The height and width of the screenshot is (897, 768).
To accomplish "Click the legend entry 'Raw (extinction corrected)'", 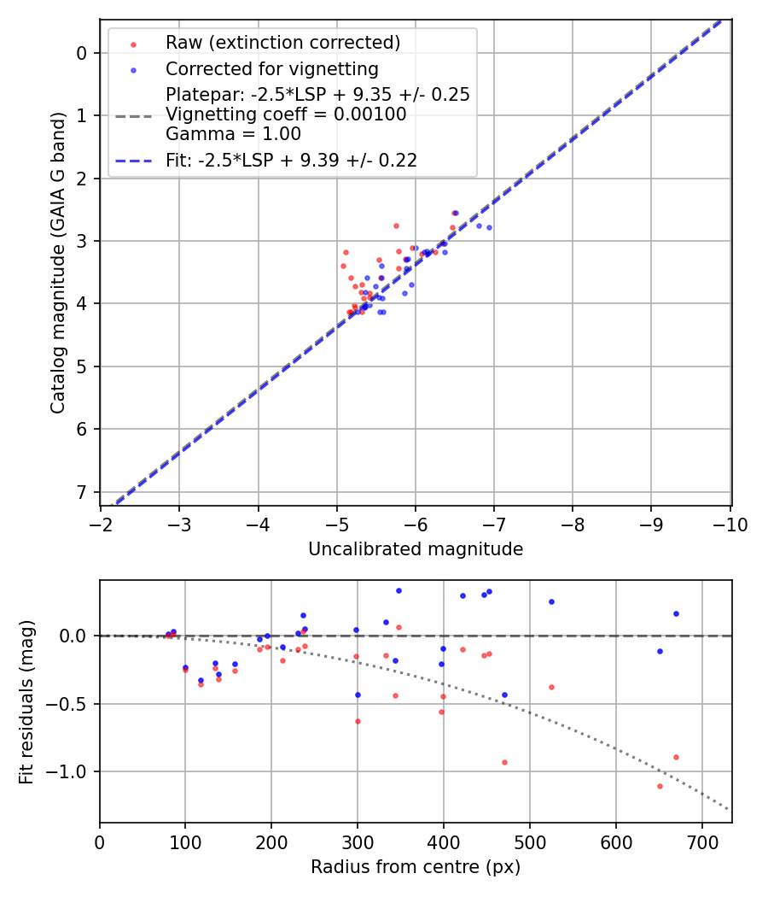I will [282, 43].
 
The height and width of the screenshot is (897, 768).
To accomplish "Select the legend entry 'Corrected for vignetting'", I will [271, 68].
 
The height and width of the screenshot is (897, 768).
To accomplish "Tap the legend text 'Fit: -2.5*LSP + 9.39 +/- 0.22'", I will [291, 160].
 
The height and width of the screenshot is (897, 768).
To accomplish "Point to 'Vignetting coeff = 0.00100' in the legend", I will [286, 114].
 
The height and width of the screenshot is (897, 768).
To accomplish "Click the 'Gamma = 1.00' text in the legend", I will [233, 134].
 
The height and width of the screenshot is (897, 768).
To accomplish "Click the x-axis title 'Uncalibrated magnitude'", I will [416, 549].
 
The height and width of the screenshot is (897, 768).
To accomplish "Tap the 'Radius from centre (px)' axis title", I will [416, 867].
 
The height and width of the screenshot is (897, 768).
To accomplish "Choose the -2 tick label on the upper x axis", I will [101, 525].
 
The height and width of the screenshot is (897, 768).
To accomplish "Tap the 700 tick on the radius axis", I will [701, 841].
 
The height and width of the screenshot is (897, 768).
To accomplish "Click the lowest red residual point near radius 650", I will [660, 786].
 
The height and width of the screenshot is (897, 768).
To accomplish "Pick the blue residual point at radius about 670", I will [676, 613].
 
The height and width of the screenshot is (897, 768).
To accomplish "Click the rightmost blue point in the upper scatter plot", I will [489, 227].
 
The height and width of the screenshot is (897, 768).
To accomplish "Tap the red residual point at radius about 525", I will [551, 687].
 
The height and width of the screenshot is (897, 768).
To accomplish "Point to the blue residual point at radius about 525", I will [551, 601].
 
